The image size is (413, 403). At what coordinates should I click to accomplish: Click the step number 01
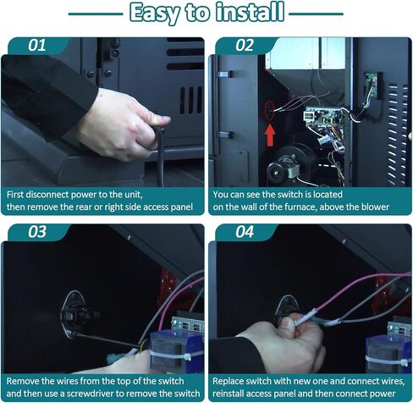[36, 45]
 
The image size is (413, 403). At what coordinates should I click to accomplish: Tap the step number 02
[245, 45]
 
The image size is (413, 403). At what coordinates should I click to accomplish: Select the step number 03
[36, 232]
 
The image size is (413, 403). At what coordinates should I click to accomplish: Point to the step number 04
[245, 232]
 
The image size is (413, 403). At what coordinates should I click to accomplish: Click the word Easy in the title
[155, 14]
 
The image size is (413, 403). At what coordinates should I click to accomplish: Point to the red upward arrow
[270, 135]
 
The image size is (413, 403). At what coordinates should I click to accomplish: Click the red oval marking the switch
[270, 111]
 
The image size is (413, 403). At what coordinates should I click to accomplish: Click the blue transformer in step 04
[388, 354]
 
